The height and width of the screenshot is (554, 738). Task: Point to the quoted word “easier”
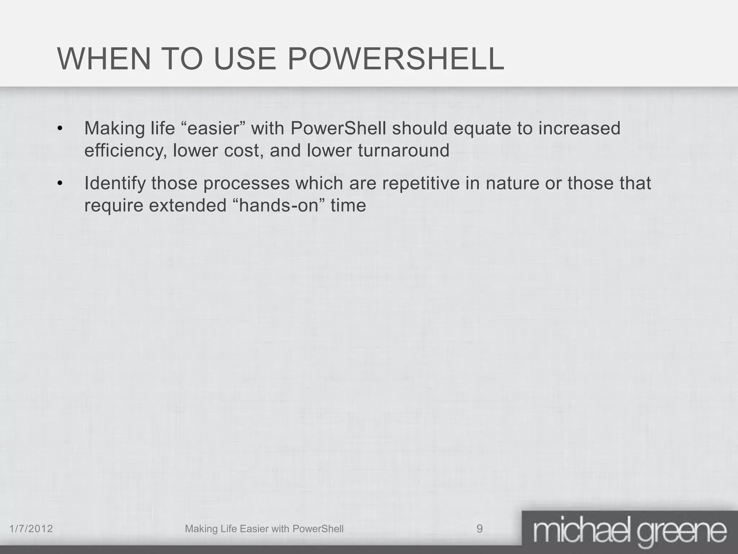(x=213, y=128)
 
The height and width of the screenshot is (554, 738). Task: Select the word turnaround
(x=404, y=151)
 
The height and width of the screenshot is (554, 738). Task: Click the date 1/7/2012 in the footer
(x=31, y=529)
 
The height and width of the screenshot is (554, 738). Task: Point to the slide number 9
(x=480, y=529)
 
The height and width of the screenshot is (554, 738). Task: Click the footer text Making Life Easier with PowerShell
(x=264, y=529)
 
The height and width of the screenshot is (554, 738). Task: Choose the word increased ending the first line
(x=579, y=128)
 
